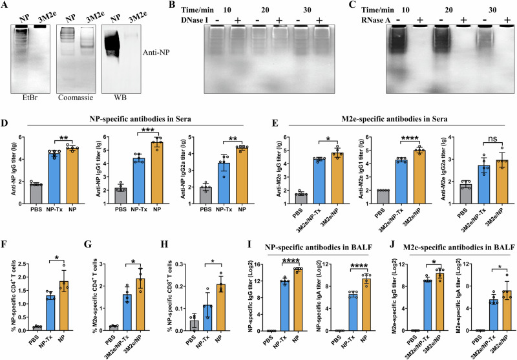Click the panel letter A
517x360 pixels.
pyautogui.click(x=5, y=6)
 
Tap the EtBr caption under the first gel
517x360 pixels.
pyautogui.click(x=29, y=98)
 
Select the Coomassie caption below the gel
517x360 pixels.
pyautogui.click(x=76, y=98)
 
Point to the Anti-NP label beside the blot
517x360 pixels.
pyautogui.click(x=156, y=52)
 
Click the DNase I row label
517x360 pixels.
pyautogui.click(x=195, y=20)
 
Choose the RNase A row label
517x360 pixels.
pyautogui.click(x=375, y=20)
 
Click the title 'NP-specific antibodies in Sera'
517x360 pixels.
pyautogui.click(x=140, y=119)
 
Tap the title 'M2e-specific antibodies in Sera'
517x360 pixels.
pyautogui.click(x=394, y=119)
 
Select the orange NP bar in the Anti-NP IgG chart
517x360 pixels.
pyautogui.click(x=72, y=176)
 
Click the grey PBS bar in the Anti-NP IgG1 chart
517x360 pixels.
pyautogui.click(x=121, y=196)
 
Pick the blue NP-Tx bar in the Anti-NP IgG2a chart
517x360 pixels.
pyautogui.click(x=224, y=184)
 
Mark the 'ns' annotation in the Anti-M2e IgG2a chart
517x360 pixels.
pyautogui.click(x=492, y=138)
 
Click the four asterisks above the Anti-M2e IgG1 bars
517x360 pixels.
pyautogui.click(x=410, y=138)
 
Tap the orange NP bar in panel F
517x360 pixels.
pyautogui.click(x=63, y=306)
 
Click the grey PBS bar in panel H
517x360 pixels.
pyautogui.click(x=195, y=326)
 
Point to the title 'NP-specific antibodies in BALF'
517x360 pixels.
pyautogui.click(x=319, y=247)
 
